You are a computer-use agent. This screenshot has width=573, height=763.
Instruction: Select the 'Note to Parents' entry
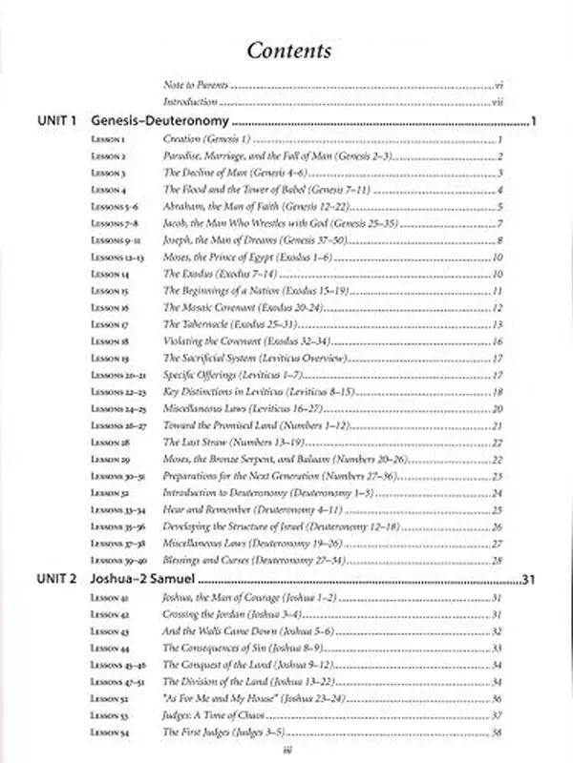195,86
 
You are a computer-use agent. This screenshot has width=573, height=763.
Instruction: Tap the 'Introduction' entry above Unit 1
191,101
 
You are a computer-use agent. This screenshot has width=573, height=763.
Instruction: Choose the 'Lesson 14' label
110,273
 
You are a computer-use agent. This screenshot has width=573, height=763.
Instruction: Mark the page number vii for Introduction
497,101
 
